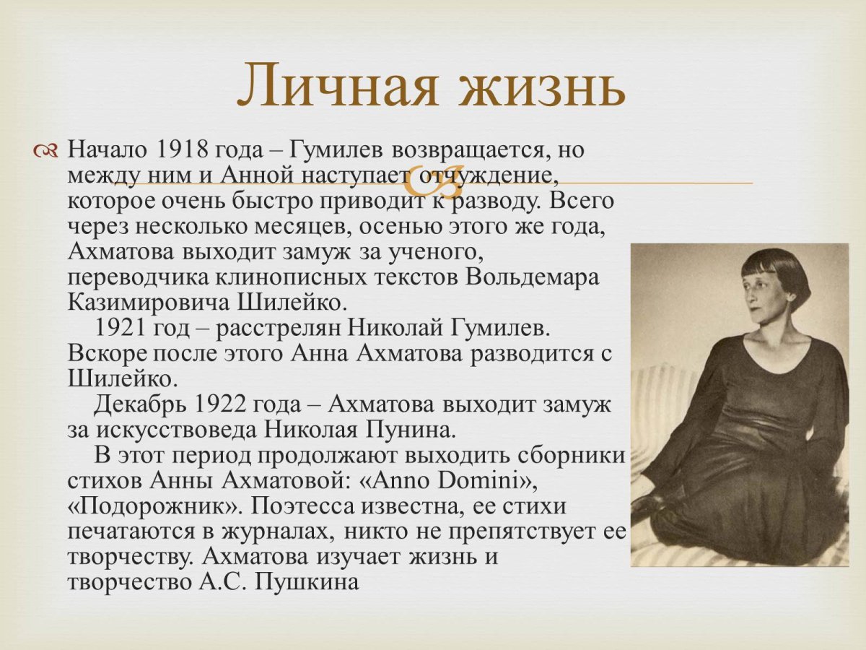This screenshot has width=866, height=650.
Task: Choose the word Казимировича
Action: click(141, 302)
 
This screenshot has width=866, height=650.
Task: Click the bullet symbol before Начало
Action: click(46, 150)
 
